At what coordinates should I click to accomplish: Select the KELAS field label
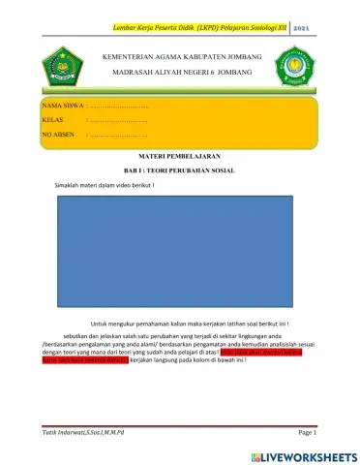coord(53,121)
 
